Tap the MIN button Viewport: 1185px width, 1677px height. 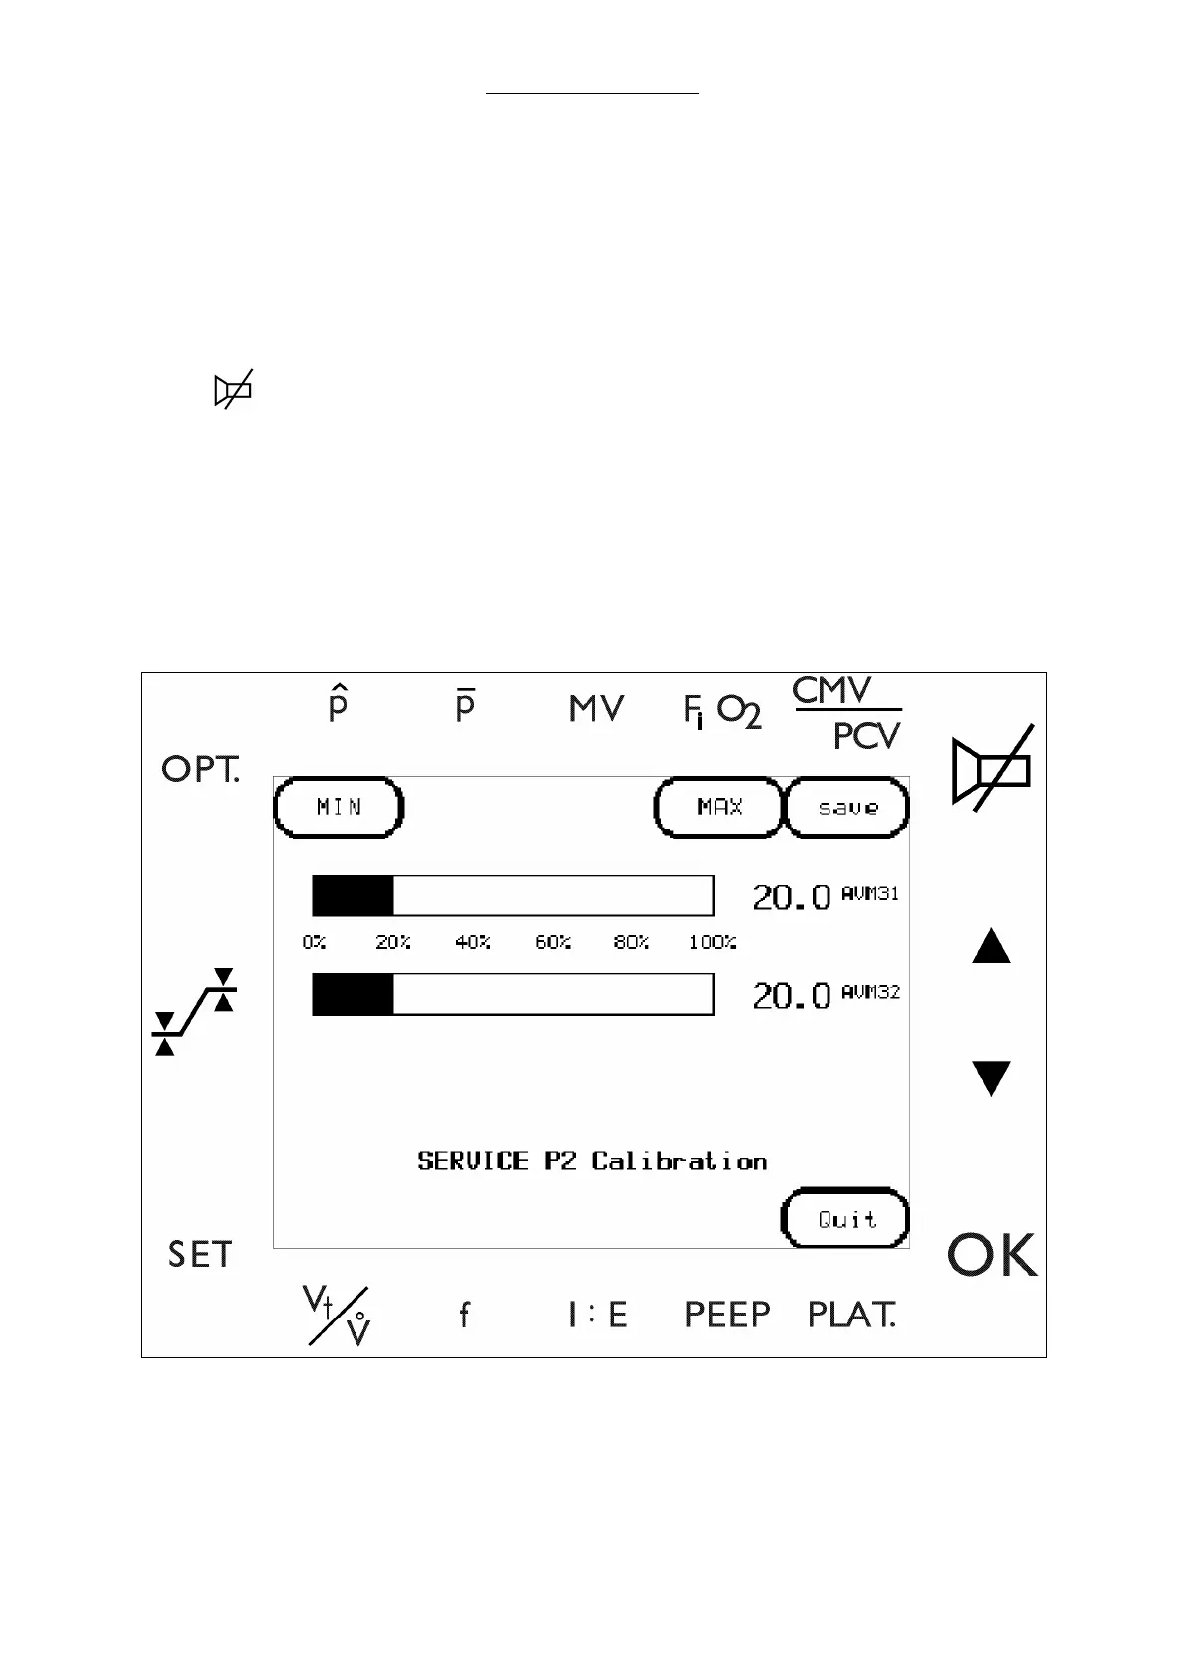339,807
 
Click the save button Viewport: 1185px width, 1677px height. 847,807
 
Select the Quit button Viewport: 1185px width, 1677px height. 846,1219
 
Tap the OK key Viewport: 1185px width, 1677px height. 992,1255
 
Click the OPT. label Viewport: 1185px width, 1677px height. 200,769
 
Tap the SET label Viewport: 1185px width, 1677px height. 199,1255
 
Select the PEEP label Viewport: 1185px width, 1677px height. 727,1315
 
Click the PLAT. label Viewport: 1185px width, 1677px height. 851,1315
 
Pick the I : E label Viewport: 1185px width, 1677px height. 597,1315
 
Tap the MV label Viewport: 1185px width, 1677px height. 596,709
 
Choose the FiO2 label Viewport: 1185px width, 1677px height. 722,711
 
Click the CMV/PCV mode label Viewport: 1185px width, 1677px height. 846,713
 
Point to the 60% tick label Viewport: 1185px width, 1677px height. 553,942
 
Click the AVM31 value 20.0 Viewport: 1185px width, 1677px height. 791,898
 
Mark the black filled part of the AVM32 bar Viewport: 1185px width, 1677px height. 353,994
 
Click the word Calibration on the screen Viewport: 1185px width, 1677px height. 679,1161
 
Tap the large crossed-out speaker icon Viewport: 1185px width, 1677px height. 992,768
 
